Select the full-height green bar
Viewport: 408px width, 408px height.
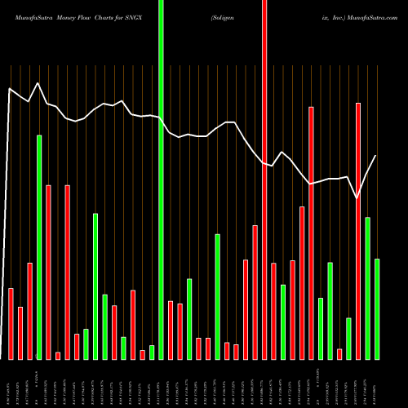coord(161,180)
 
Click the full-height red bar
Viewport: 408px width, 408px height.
coord(264,180)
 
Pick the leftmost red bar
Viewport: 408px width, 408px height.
coord(11,323)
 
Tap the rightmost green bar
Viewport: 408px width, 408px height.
coord(377,308)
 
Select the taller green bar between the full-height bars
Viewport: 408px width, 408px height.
coord(217,296)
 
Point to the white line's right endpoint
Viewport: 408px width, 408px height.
coord(376,156)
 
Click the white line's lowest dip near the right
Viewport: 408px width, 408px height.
coord(357,197)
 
